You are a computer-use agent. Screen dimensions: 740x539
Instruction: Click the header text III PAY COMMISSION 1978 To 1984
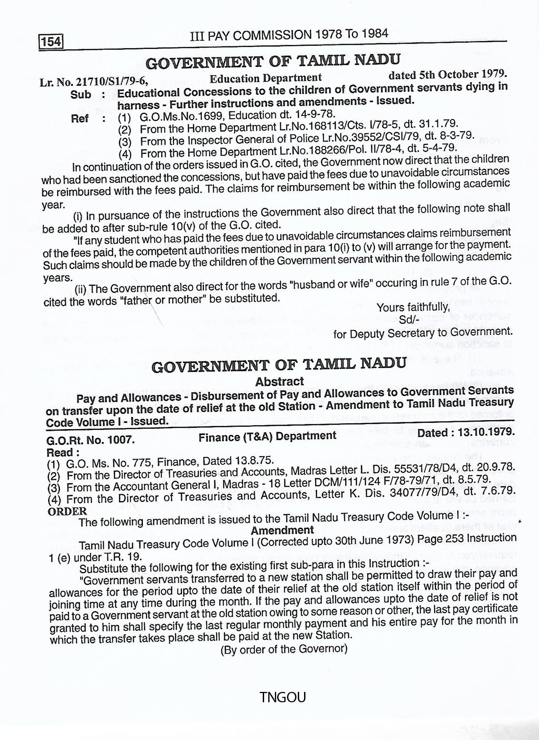289,35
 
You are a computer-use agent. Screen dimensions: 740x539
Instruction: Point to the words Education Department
266,78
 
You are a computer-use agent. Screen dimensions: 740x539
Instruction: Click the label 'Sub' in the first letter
81,94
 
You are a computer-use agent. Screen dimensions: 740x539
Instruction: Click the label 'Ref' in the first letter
80,119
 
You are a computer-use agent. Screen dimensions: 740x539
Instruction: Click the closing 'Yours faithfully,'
413,307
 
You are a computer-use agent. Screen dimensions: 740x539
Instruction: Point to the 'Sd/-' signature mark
409,320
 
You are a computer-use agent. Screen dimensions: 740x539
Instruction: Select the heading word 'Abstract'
279,381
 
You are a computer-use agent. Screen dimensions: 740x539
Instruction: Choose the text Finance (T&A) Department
268,435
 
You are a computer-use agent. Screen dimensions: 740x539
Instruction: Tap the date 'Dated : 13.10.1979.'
466,432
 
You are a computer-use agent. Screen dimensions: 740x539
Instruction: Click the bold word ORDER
67,511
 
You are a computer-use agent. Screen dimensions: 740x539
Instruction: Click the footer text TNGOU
283,697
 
